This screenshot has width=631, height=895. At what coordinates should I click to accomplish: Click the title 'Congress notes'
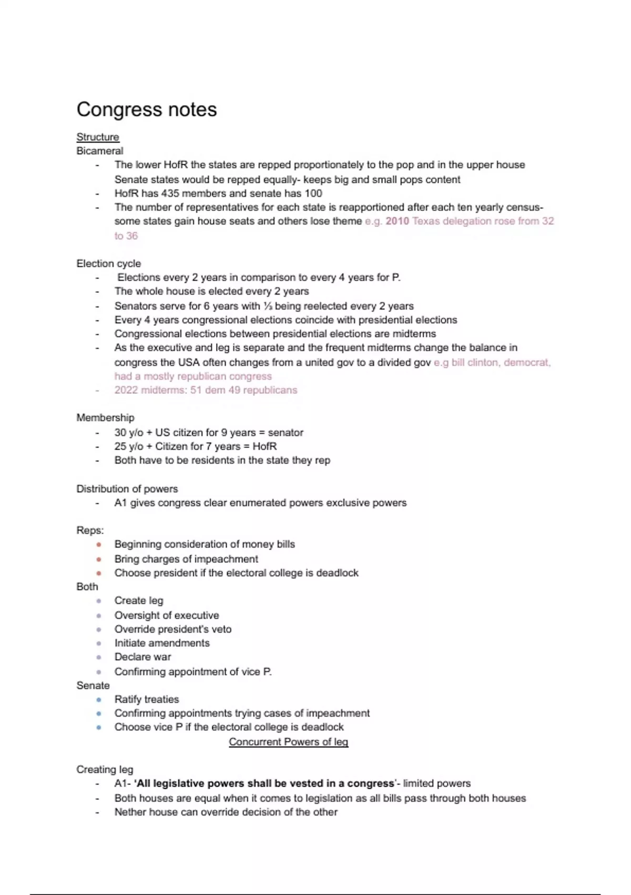coord(146,110)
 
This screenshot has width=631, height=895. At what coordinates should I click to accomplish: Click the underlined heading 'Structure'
coord(98,137)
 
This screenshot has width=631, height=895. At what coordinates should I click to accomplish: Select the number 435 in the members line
coord(170,193)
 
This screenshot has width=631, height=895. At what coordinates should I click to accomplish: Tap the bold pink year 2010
coord(397,221)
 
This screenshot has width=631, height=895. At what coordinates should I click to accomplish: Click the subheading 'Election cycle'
coord(108,263)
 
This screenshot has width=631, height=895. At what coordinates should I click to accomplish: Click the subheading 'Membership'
coord(105,417)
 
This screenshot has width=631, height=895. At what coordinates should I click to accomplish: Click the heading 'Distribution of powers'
coord(127,489)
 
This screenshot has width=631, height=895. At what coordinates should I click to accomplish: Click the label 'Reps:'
coord(90,530)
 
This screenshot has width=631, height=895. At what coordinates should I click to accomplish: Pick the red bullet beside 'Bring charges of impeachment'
coord(99,559)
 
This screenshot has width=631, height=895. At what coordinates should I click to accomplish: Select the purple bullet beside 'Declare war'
coord(99,657)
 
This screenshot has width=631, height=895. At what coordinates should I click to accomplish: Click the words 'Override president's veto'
coord(172,629)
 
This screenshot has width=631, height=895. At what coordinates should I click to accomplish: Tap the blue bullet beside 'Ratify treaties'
coord(99,700)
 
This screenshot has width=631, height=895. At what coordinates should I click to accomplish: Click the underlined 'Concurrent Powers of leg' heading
coord(288,742)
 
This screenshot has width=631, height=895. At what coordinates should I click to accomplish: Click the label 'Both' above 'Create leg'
coord(87,586)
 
